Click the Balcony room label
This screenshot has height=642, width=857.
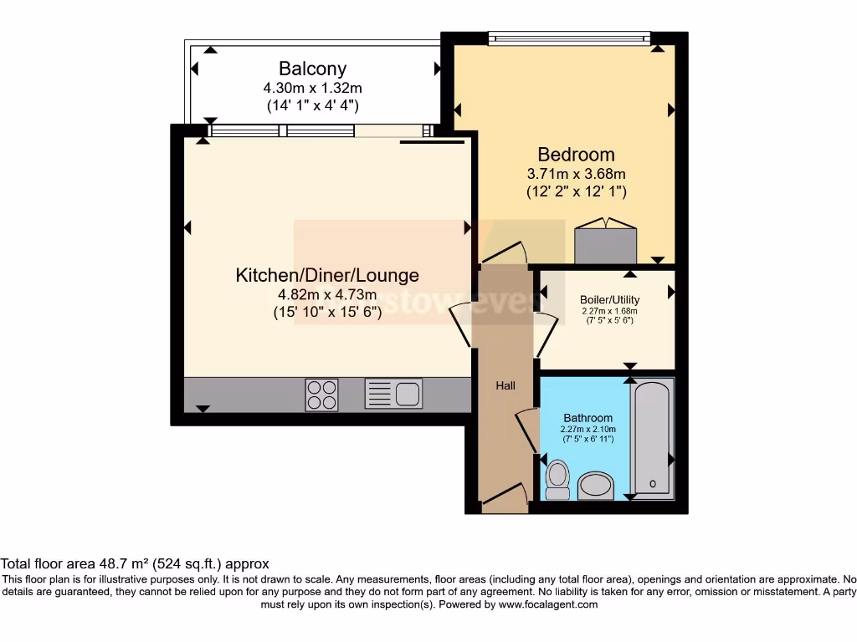(312, 69)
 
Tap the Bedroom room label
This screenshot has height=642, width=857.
(576, 155)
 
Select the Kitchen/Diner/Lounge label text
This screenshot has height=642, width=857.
(327, 275)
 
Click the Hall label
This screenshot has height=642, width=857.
(505, 386)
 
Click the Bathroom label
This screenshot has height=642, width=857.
(588, 418)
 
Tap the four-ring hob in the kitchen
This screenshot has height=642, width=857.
(322, 395)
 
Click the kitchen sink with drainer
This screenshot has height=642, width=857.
(393, 394)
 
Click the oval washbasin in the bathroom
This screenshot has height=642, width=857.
(595, 485)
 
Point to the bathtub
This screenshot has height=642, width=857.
(652, 439)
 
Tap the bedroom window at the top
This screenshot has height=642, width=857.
(569, 37)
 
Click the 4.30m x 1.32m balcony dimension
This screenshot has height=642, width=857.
(312, 88)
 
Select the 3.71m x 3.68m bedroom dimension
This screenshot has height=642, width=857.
(576, 175)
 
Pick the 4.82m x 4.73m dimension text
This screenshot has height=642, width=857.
(327, 295)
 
